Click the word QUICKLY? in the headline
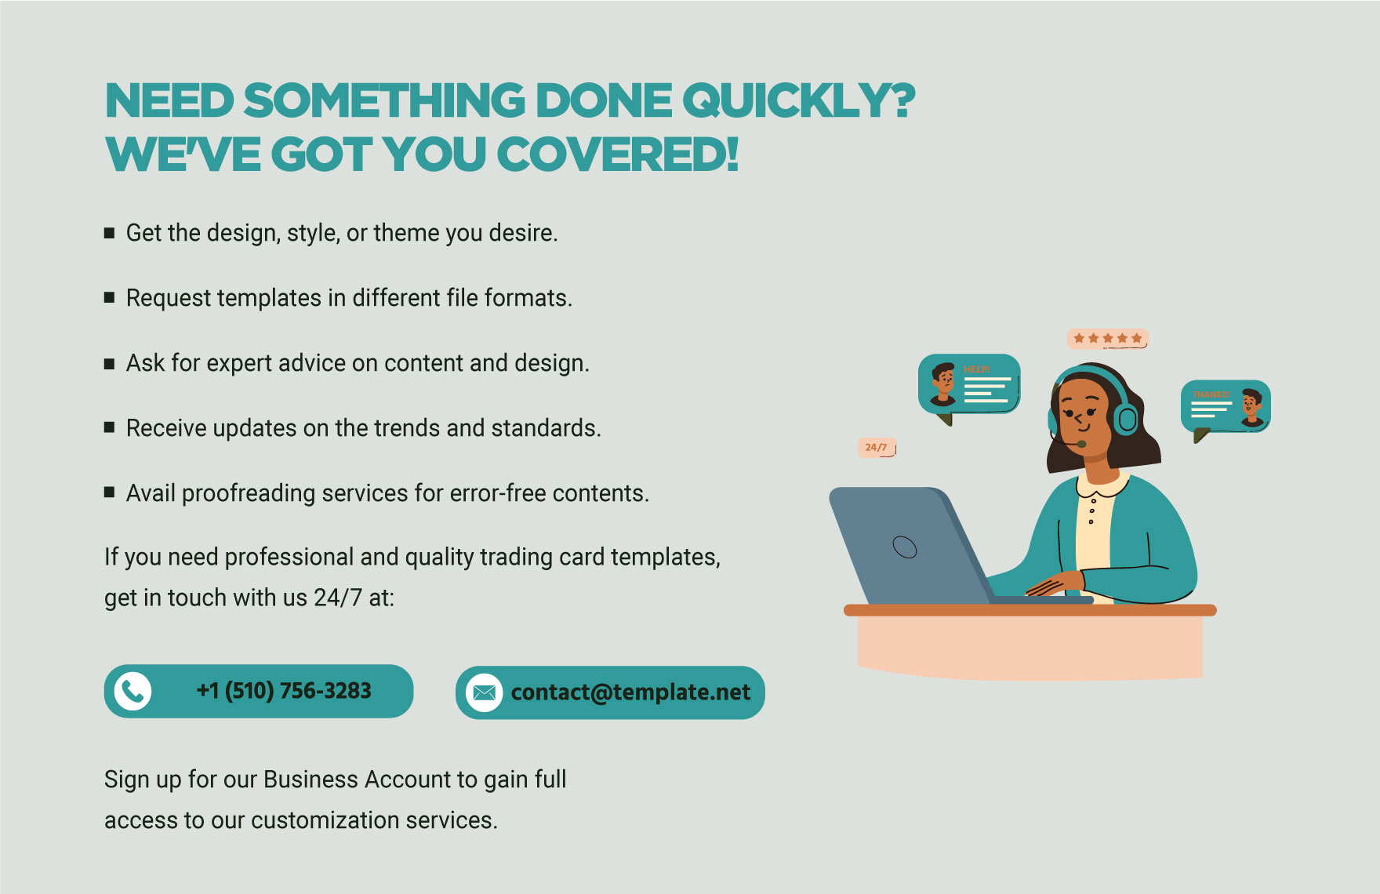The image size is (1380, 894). tap(798, 101)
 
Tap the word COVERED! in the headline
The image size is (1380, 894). tap(617, 154)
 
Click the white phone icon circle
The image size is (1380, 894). tap(133, 691)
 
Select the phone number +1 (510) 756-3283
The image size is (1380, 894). tap(284, 691)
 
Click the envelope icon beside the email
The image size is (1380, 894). tap(484, 692)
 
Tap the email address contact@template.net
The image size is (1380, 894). tap(630, 692)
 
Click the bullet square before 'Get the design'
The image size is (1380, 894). tap(110, 233)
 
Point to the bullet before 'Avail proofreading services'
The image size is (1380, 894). tap(110, 492)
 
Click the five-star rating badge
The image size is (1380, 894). tap(1108, 338)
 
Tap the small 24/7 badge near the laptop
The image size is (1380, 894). tap(877, 447)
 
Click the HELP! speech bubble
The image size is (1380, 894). tap(969, 384)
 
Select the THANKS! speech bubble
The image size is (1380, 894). tap(1226, 406)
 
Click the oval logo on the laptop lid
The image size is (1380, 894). tap(905, 547)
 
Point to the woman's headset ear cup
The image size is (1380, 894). tap(1126, 420)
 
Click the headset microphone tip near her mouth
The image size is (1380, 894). tap(1081, 444)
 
